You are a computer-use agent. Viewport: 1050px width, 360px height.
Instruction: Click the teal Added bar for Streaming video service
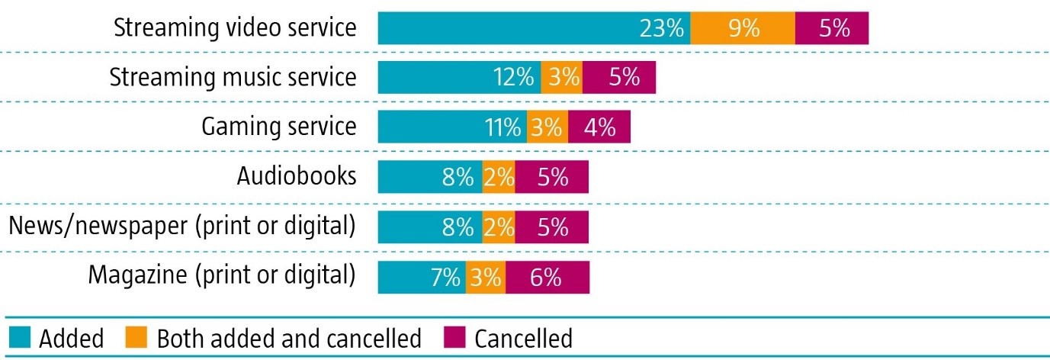(x=534, y=28)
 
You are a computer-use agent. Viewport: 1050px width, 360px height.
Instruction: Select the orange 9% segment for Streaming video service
(x=743, y=28)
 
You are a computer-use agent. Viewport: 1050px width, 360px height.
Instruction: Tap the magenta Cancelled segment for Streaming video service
(x=832, y=28)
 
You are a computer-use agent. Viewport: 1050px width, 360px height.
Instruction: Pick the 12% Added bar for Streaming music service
(x=459, y=78)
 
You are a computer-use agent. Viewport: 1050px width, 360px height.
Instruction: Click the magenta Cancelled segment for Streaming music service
(x=619, y=78)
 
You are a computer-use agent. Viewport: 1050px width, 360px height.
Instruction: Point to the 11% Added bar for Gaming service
(x=452, y=127)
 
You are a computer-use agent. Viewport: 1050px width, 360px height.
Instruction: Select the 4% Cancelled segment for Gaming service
(x=599, y=127)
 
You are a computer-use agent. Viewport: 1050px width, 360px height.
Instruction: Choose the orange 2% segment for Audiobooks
(x=499, y=177)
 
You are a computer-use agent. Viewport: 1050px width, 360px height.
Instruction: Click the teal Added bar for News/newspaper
(x=430, y=227)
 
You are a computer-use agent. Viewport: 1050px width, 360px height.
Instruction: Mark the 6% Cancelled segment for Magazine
(x=547, y=277)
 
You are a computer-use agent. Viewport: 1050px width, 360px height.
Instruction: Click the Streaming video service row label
(x=235, y=28)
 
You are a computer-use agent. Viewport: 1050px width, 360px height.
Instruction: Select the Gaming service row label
(x=278, y=127)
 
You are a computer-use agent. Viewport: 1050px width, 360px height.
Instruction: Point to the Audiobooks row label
(x=296, y=177)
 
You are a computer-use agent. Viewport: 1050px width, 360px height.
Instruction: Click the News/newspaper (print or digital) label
(x=181, y=227)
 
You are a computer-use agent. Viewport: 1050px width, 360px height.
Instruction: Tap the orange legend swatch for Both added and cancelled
(x=138, y=338)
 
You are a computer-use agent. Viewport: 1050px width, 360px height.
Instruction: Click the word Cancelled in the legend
(x=523, y=338)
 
